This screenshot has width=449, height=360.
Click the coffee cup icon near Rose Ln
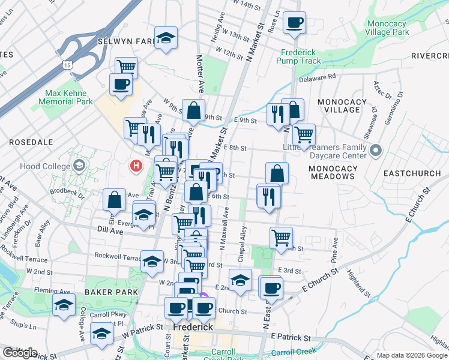point(294,23)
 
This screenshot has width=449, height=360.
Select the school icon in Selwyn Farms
point(166,38)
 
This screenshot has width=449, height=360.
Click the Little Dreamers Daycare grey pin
point(376,149)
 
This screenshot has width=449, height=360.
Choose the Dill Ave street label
point(109,229)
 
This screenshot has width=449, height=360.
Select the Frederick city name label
point(194,328)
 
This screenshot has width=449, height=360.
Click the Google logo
point(20,352)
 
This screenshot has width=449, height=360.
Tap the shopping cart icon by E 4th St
point(281,238)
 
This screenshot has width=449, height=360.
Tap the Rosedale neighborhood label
point(31,142)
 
